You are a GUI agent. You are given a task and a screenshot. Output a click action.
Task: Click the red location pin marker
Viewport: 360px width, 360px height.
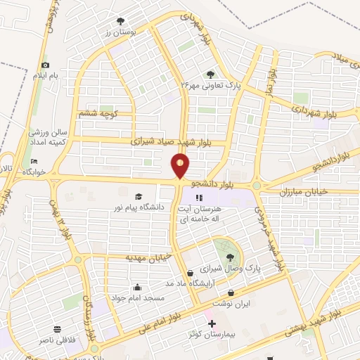click(181, 166)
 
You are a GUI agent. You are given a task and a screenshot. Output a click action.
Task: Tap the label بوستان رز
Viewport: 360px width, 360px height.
click(119, 32)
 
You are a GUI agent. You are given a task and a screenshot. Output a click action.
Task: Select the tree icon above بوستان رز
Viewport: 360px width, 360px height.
click(120, 20)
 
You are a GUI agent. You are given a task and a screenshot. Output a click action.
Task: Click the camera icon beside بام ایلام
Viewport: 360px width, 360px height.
click(45, 65)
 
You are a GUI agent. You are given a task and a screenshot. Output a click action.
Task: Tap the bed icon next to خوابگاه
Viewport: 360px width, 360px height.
click(34, 162)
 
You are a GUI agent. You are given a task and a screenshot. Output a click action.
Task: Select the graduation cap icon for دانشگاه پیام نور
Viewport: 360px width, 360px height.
click(139, 196)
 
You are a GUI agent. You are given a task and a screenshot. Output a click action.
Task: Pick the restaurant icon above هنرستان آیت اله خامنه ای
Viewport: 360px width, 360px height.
click(199, 198)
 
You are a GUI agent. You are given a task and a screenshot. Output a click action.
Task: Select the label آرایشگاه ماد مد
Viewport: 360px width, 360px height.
click(189, 283)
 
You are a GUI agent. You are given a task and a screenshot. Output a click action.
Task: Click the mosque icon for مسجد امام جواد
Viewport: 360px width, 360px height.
click(136, 287)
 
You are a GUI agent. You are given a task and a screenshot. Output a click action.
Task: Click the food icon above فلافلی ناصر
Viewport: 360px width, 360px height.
click(57, 328)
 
